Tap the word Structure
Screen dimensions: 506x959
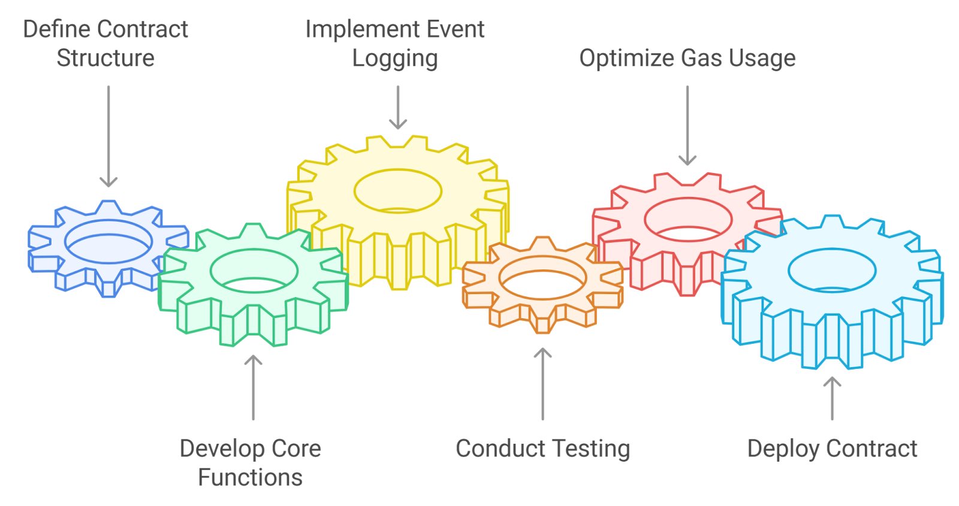(105, 59)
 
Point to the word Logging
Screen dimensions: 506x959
(395, 59)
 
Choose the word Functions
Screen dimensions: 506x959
(251, 478)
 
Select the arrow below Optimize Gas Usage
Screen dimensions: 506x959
(687, 126)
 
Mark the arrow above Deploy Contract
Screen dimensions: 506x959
(832, 398)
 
